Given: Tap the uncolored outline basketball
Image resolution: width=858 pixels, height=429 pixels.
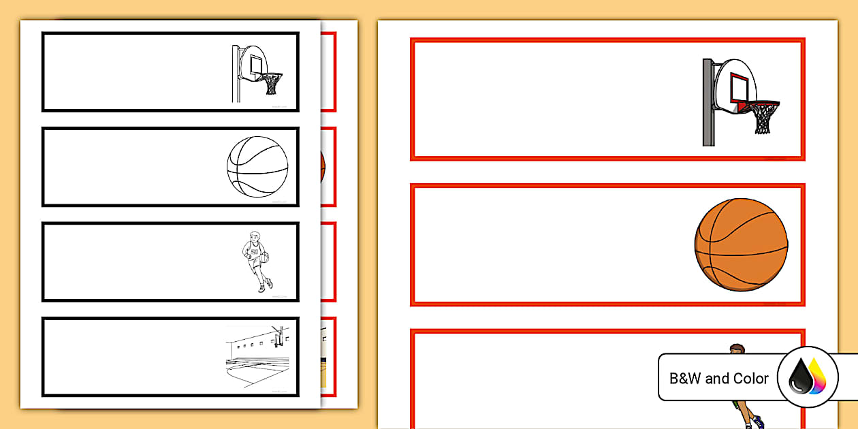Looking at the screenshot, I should coord(257,167).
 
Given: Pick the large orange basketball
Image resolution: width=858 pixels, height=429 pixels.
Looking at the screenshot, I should coord(741,245).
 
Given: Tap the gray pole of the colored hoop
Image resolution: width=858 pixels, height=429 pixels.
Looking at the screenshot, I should coord(708,102).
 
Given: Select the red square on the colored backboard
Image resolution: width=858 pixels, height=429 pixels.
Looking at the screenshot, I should coord(742,86).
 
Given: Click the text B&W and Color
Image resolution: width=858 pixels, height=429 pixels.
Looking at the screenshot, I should coord(719,379).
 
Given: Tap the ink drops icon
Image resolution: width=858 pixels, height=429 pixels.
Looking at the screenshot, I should coord(807,377).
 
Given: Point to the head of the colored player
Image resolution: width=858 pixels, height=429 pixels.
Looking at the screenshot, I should coord(736,350).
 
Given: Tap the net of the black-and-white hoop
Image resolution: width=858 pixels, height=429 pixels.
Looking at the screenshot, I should coord(272,84).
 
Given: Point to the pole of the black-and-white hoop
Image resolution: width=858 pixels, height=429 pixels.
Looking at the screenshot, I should coord(235,75).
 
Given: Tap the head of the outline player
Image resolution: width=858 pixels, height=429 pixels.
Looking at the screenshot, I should coord(254,236).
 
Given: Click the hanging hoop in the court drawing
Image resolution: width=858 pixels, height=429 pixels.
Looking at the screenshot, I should coord(277,336).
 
